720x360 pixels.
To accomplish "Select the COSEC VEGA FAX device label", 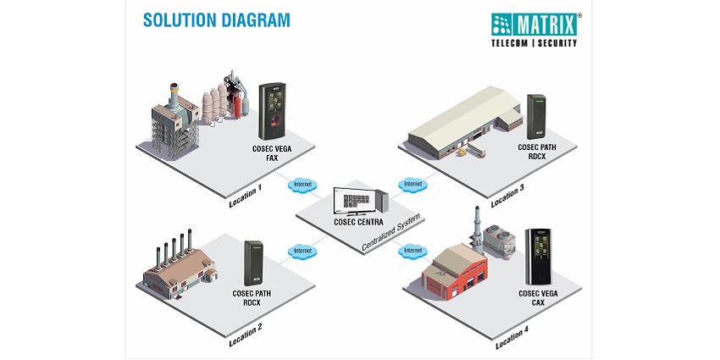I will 271,152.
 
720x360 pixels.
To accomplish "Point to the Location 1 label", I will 245,197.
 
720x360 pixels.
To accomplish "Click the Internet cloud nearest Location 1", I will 300,184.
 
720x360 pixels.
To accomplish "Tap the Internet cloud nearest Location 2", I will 300,251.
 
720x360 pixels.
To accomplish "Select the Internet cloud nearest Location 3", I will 413,184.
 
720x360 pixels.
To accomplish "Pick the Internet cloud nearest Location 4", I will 413,251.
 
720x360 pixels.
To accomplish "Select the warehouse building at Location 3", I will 462,124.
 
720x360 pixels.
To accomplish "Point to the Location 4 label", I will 513,335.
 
